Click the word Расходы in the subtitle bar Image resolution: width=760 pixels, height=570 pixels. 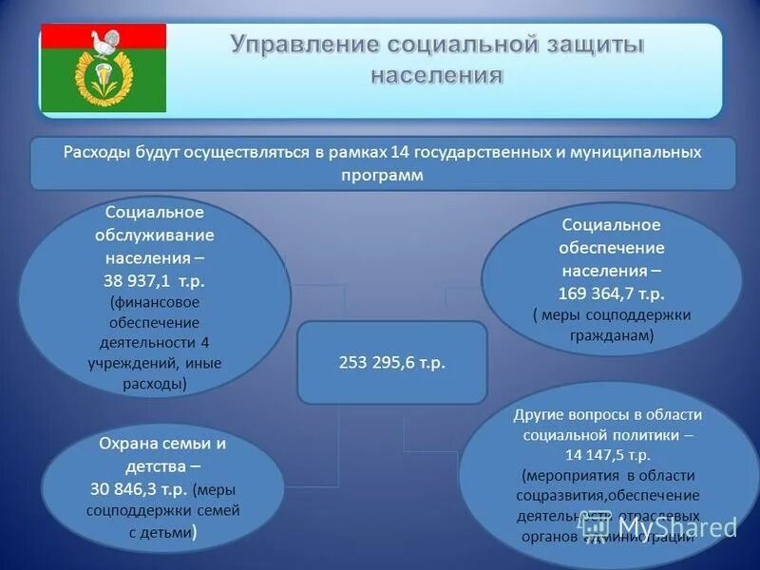[x=93, y=152]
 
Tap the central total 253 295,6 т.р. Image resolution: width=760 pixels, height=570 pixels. [x=391, y=363]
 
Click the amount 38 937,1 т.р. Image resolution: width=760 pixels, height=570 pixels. [x=155, y=281]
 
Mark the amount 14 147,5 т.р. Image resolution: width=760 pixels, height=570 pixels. [x=608, y=455]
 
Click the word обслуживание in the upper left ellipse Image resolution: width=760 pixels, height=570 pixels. [x=155, y=235]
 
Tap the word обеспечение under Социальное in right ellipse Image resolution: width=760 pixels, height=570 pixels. [x=612, y=247]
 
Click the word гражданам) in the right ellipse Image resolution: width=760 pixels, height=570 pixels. [x=612, y=335]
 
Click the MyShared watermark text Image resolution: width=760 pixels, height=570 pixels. [x=676, y=527]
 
